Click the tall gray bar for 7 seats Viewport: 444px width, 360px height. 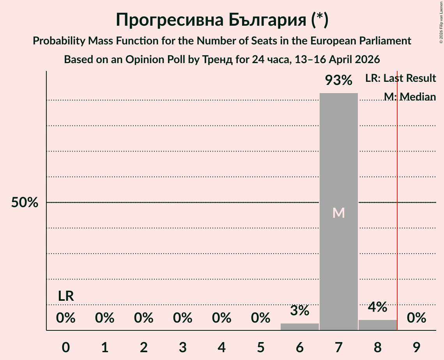click(338, 156)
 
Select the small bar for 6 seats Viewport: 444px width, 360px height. click(299, 326)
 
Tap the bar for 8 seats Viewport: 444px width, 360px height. click(377, 325)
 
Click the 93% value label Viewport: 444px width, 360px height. click(338, 81)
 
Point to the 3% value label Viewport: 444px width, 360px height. click(299, 311)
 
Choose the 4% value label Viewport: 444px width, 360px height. click(377, 307)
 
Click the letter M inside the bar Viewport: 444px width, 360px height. click(338, 213)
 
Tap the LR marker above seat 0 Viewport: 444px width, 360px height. click(66, 296)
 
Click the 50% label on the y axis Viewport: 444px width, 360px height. click(25, 203)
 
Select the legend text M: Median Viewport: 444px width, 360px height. click(409, 97)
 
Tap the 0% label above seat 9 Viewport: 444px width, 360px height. click(416, 318)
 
